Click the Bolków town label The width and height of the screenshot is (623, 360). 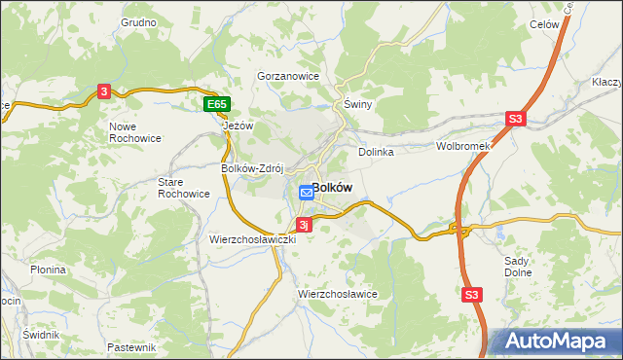332,187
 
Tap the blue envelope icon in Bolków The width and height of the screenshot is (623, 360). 306,193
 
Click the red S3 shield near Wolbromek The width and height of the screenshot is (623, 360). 515,120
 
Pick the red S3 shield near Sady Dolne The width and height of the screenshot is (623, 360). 472,294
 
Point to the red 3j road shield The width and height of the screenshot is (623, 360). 304,225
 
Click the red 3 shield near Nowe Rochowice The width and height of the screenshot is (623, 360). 104,91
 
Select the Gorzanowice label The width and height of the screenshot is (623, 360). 288,75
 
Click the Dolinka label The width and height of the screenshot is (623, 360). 375,152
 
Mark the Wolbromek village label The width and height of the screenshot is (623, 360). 461,147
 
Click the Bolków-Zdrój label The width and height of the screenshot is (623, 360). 251,166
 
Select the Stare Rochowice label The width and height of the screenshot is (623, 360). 184,187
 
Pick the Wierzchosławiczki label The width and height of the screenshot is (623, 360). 252,238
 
